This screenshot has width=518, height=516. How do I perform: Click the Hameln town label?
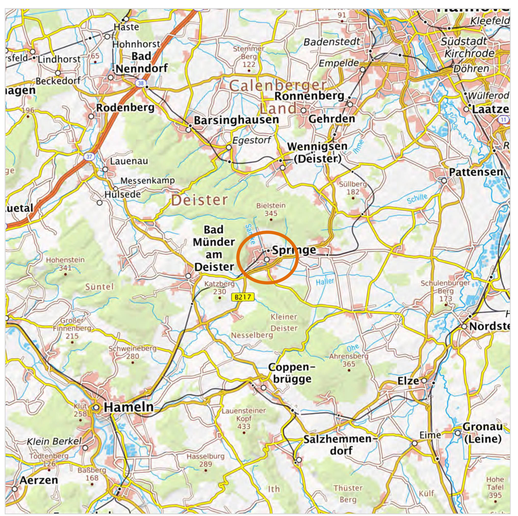click(129, 407)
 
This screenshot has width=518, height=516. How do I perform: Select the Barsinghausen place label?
click(236, 120)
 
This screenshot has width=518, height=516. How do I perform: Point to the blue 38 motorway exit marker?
click(141, 83)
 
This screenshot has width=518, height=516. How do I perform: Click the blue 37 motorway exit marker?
click(89, 156)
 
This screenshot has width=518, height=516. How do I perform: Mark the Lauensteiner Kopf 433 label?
click(244, 418)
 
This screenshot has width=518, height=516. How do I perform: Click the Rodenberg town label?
click(125, 108)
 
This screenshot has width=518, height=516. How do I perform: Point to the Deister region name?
click(200, 200)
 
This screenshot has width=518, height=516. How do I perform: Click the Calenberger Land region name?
click(278, 97)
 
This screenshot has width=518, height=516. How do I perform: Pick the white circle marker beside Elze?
click(424, 381)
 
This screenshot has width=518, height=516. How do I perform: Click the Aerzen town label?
click(39, 480)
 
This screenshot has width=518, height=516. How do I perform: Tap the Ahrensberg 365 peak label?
click(348, 360)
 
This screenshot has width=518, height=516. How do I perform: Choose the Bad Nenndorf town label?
click(141, 62)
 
